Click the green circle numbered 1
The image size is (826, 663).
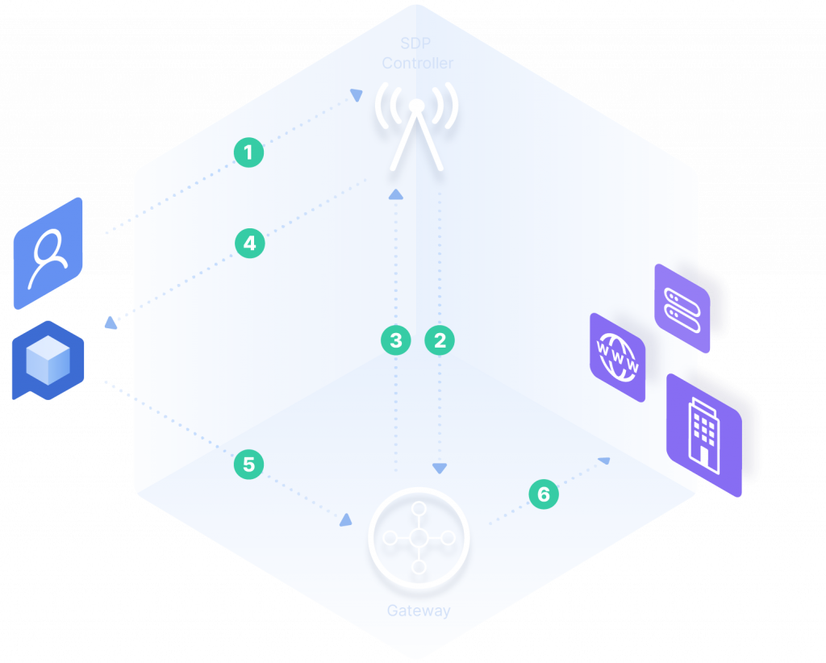[x=248, y=152]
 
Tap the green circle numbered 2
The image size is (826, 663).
[x=440, y=340]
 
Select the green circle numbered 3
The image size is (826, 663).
[x=396, y=340]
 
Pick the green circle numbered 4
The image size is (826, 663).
[x=250, y=243]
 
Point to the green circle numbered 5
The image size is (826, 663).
[x=248, y=464]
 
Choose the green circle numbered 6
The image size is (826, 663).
[x=544, y=494]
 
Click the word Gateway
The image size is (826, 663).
[x=418, y=611]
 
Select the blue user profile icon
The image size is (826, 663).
[x=48, y=253]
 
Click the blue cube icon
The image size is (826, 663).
[x=48, y=360]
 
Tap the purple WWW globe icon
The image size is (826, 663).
[x=618, y=357]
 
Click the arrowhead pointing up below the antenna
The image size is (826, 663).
[x=396, y=194]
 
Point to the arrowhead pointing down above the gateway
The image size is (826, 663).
[x=440, y=468]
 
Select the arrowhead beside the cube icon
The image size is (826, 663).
[x=111, y=323]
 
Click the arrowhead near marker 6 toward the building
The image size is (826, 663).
[x=604, y=460]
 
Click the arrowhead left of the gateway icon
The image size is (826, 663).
[x=346, y=519]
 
